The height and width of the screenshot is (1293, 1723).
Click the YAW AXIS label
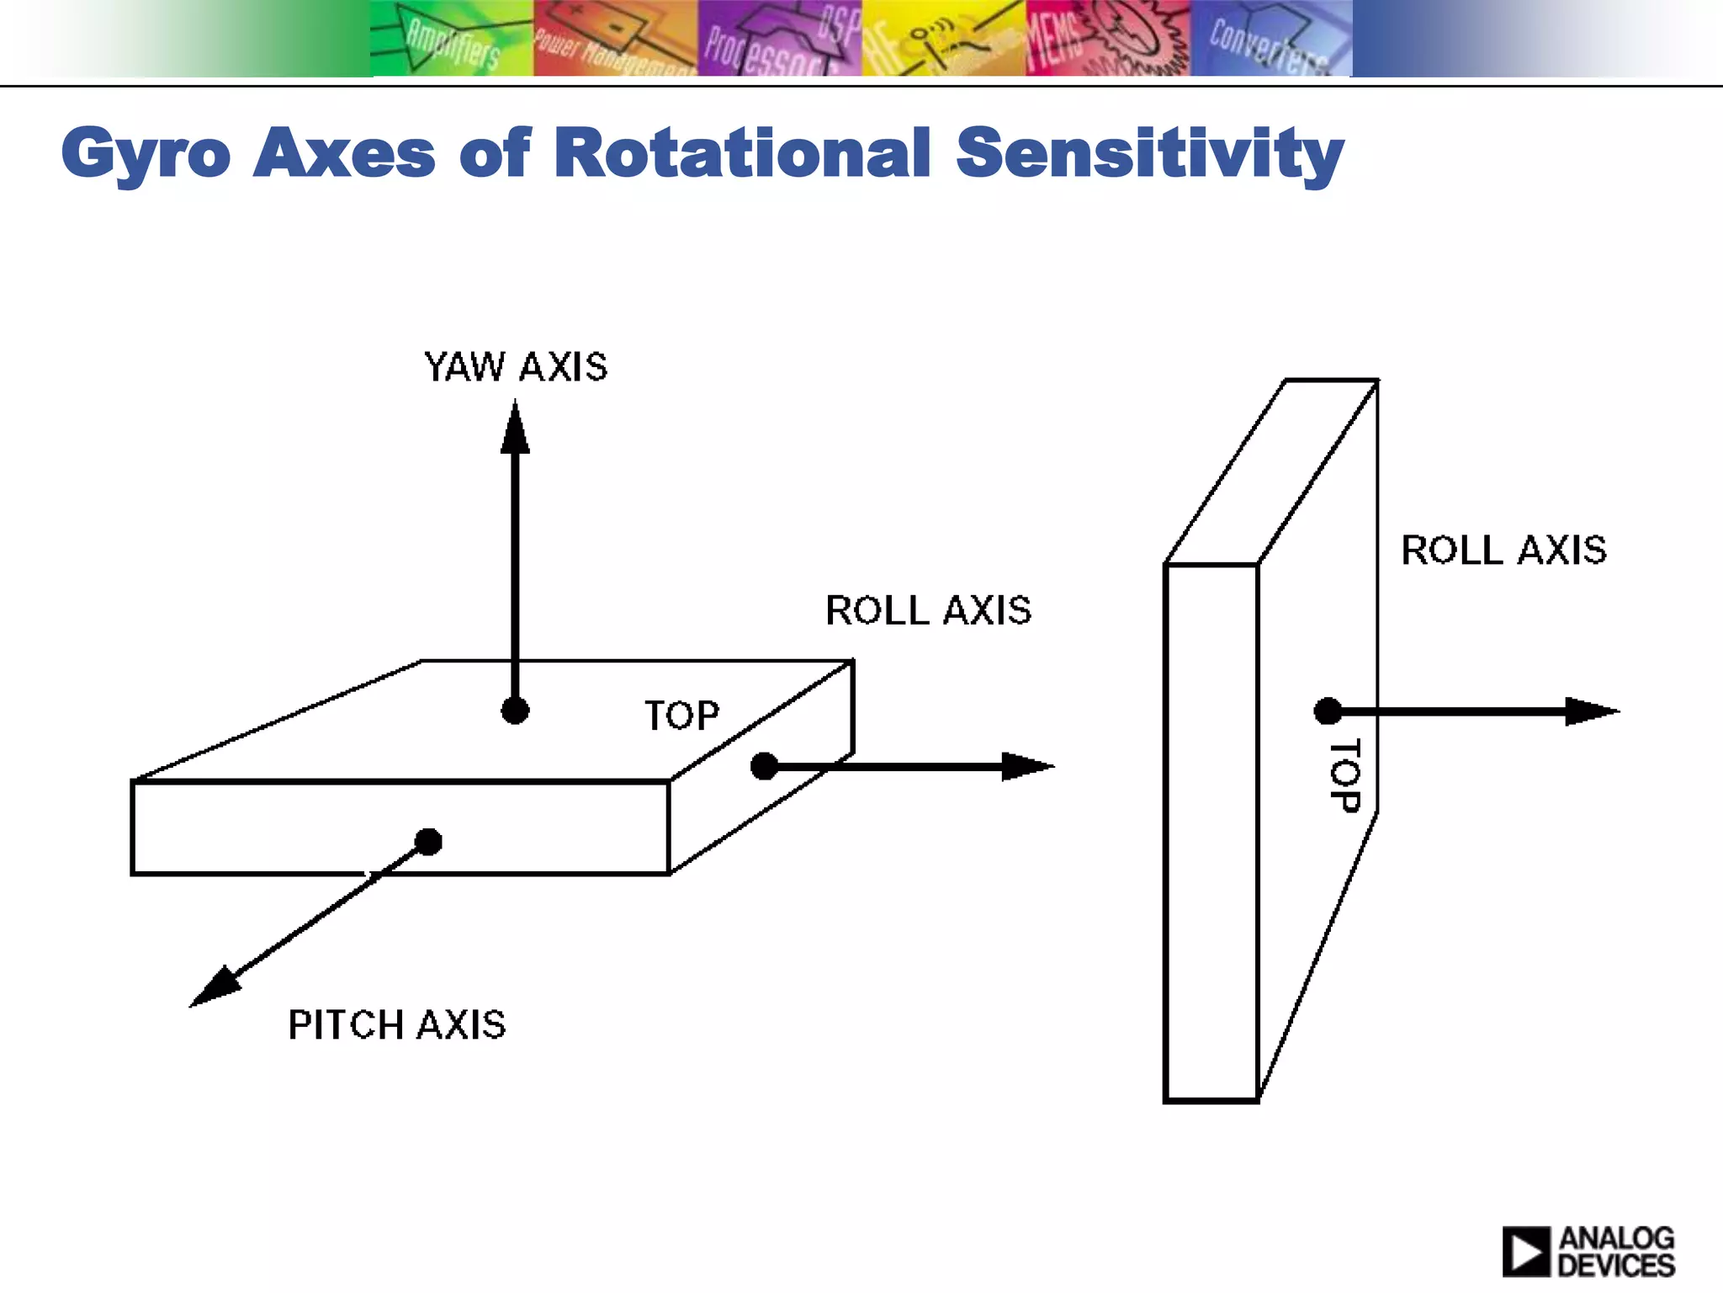pyautogui.click(x=516, y=368)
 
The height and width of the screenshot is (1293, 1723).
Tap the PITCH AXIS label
pyautogui.click(x=396, y=1025)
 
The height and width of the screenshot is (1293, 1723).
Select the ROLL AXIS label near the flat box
pyautogui.click(x=928, y=610)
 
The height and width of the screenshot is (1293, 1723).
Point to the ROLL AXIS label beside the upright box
pyautogui.click(x=1503, y=551)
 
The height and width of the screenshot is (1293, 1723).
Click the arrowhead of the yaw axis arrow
pyautogui.click(x=515, y=428)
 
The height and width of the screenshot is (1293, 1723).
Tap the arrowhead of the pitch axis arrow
pyautogui.click(x=214, y=987)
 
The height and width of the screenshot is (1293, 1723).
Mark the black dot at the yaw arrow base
pyautogui.click(x=515, y=710)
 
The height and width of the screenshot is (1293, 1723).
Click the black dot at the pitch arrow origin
pyautogui.click(x=428, y=841)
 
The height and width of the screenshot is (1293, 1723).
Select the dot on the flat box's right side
pyautogui.click(x=764, y=766)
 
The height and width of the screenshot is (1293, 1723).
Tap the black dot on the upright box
pyautogui.click(x=1328, y=711)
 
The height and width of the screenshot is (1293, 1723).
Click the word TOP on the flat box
pyautogui.click(x=681, y=716)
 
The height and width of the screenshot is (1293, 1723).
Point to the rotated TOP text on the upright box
pyautogui.click(x=1344, y=776)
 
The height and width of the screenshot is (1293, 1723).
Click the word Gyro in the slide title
pyautogui.click(x=146, y=153)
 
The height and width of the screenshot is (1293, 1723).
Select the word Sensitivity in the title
pyautogui.click(x=1149, y=153)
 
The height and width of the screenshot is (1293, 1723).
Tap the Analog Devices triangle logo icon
pyautogui.click(x=1525, y=1252)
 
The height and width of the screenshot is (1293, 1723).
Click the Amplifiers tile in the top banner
pyautogui.click(x=452, y=40)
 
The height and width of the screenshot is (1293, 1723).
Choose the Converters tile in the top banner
pyautogui.click(x=1270, y=40)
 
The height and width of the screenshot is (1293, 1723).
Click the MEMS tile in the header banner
pyautogui.click(x=1107, y=40)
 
